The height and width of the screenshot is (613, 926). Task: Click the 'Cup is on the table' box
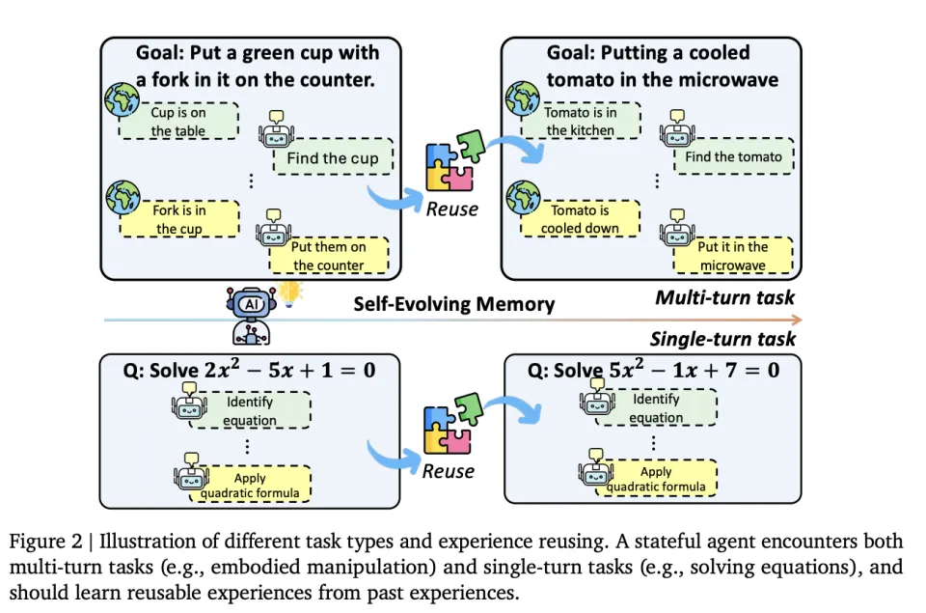(178, 122)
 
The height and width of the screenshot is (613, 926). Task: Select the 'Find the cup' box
(332, 158)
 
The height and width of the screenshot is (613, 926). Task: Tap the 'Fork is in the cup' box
(179, 219)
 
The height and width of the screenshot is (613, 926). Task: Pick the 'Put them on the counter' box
(328, 256)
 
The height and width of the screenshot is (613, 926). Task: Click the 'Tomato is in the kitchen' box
(580, 122)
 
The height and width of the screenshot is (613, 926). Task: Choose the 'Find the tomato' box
(733, 156)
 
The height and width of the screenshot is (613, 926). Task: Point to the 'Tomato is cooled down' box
(580, 219)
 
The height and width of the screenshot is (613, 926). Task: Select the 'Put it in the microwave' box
(732, 256)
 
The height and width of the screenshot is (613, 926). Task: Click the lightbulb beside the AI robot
(290, 293)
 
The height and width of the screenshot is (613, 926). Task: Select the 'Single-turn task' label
(722, 338)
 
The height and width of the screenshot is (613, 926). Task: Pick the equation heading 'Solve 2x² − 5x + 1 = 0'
(251, 371)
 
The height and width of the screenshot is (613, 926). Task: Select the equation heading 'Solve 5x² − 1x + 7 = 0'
(653, 371)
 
